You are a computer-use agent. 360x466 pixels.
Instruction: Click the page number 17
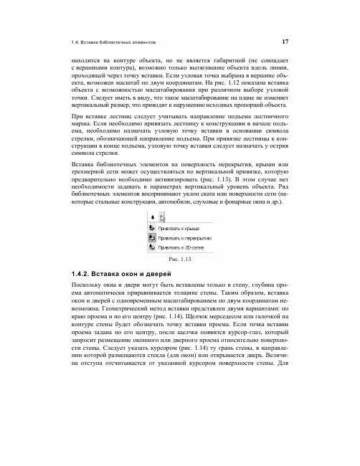(285, 41)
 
